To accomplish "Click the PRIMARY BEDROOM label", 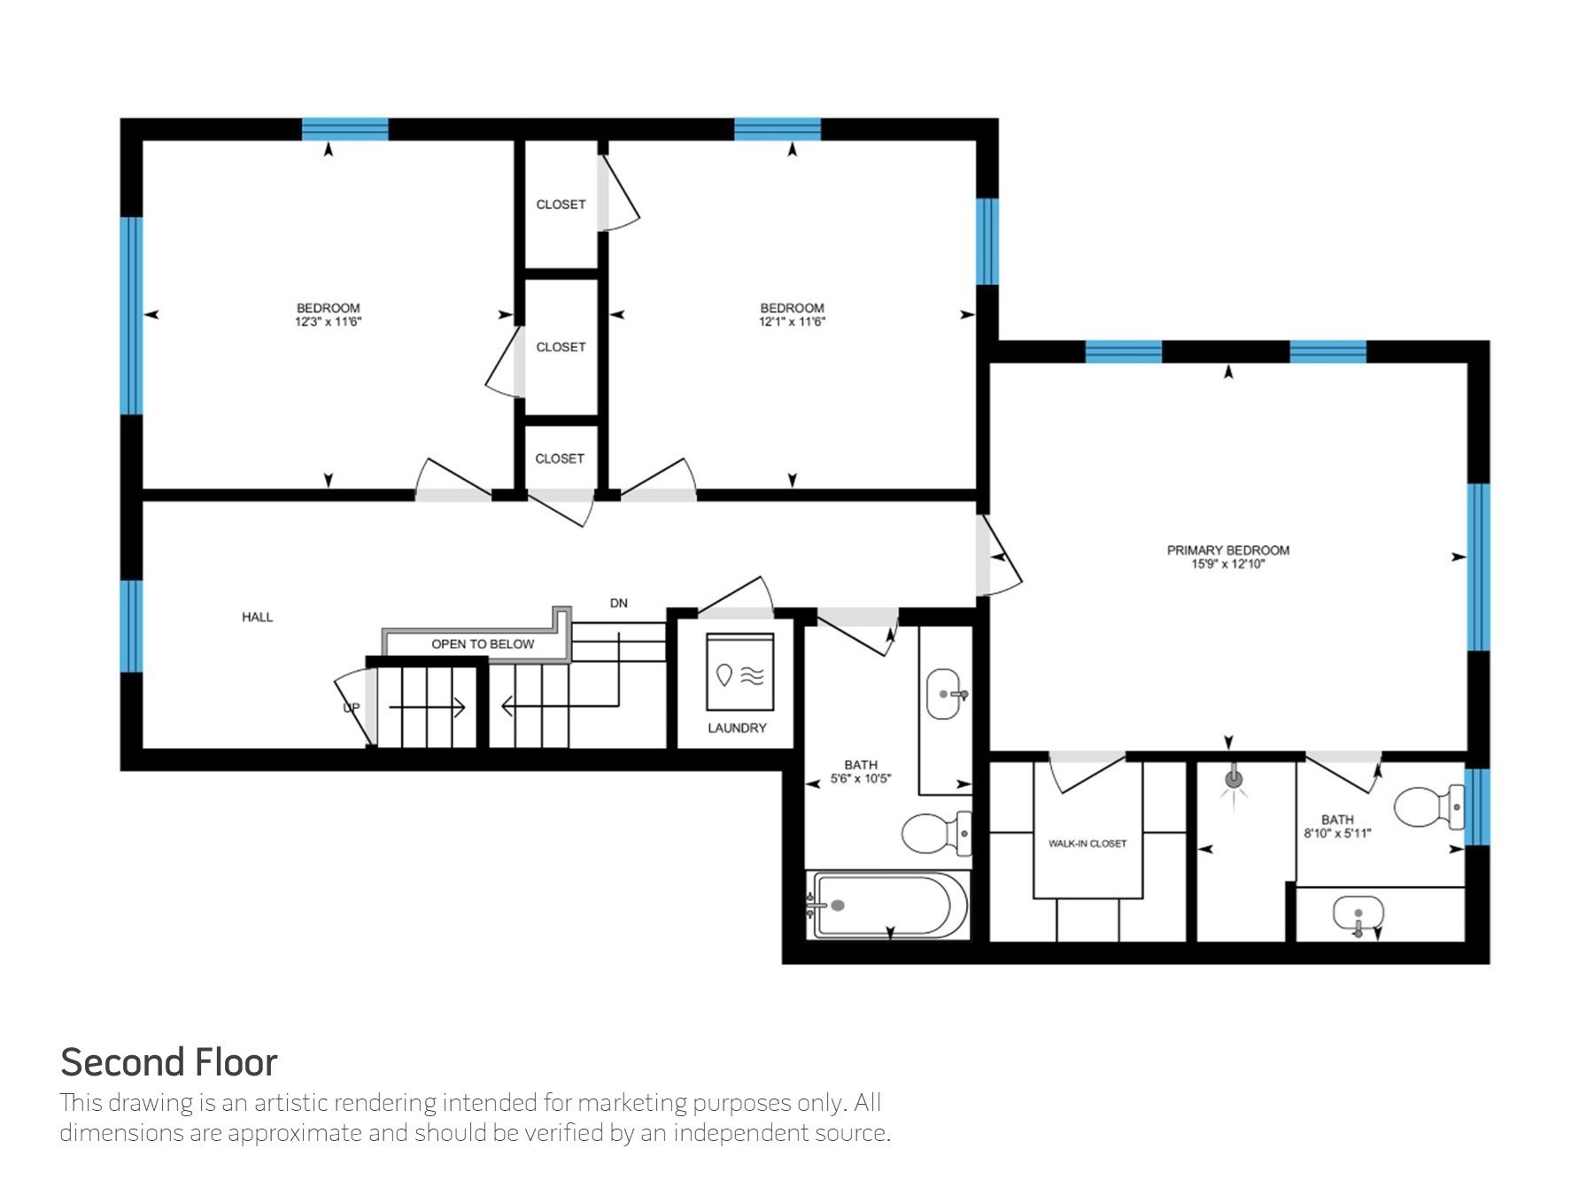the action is pos(1227,550).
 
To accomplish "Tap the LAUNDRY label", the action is pos(737,728).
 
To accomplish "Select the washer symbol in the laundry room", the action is pos(739,671).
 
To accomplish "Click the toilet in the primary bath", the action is pos(1429,806).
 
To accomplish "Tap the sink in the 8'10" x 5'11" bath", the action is pos(1358,914).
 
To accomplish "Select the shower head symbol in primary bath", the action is pos(1234,780).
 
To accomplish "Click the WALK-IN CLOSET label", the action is pos(1087,844).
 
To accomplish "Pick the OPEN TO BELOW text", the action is pos(483,644).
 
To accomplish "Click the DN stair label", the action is pos(618,603).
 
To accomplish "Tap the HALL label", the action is pos(257,617).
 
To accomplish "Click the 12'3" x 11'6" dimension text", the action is pos(328,322).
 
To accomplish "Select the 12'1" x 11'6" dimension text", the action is pos(792,322).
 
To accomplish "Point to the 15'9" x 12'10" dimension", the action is pos(1227,564).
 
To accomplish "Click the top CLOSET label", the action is pos(561,204).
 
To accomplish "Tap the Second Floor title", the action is pos(168,1062).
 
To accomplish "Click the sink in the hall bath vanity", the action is pos(944,694).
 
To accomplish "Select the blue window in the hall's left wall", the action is pos(131,626).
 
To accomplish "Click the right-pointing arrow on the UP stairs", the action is pos(427,707).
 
